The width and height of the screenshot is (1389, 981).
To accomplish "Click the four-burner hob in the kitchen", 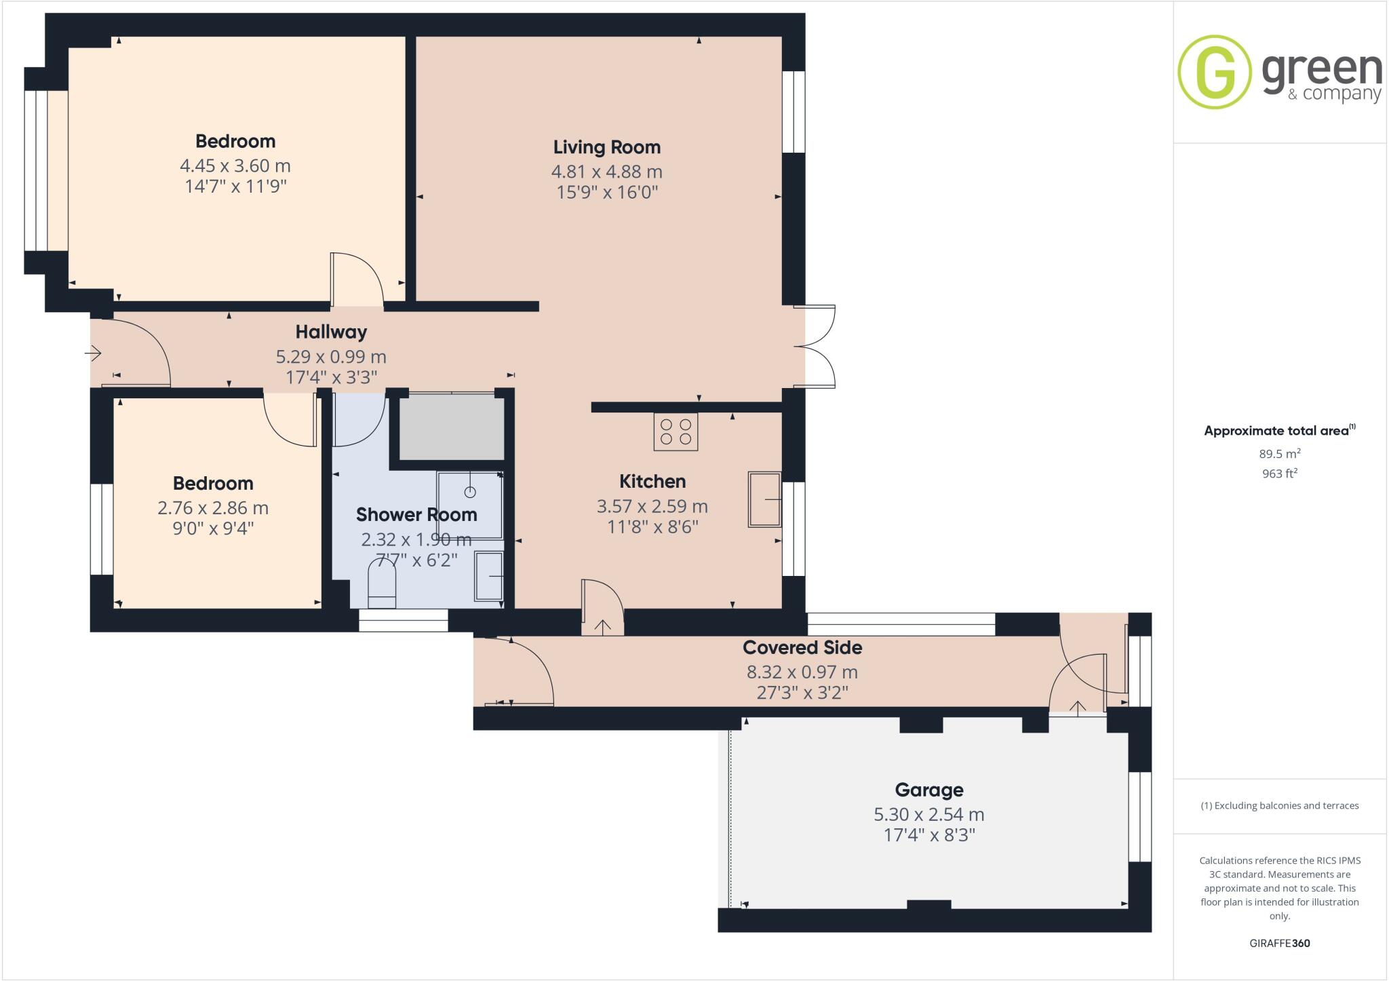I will click(676, 431).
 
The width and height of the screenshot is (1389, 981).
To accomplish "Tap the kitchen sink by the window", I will click(764, 499).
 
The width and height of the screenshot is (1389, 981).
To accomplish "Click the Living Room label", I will click(606, 147).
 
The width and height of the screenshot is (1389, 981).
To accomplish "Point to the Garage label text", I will click(928, 790).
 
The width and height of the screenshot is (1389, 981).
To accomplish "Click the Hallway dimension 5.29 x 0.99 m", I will click(330, 356).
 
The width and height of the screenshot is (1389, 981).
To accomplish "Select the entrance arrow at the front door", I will click(93, 353).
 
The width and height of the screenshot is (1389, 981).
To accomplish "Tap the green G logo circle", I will click(1214, 72).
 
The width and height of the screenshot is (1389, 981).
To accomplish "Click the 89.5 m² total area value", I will click(1279, 454).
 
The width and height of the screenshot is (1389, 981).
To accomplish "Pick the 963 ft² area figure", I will click(1279, 474).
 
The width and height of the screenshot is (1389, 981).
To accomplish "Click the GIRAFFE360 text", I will click(1279, 943).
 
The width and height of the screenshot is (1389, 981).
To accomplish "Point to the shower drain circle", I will click(470, 492).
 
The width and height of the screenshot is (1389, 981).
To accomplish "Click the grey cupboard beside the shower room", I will click(451, 428).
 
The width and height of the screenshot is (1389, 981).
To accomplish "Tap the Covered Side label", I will click(802, 647).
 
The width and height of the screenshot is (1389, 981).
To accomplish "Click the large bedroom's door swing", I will click(357, 280).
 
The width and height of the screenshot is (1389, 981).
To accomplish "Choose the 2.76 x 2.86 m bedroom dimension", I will click(212, 507).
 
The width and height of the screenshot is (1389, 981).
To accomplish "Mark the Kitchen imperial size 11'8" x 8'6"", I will click(652, 527).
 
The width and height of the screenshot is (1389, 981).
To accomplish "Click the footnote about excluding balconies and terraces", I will click(1279, 806).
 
